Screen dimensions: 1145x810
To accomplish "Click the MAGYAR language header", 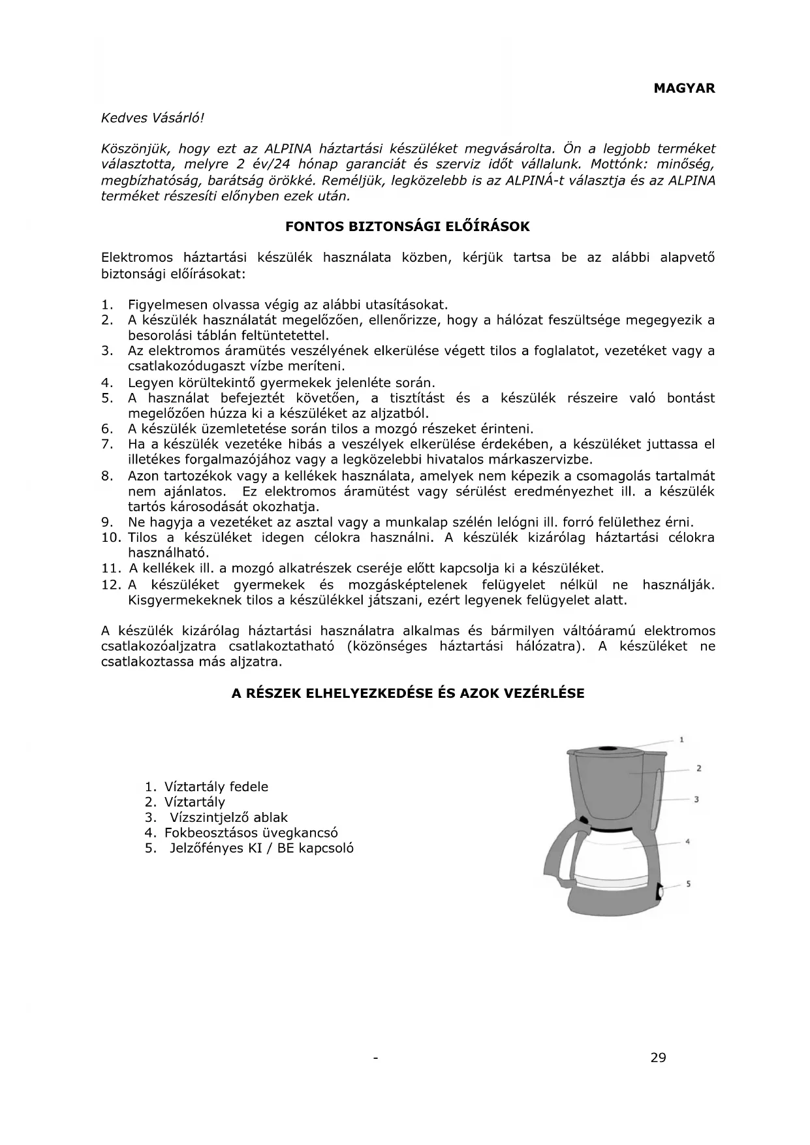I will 684,88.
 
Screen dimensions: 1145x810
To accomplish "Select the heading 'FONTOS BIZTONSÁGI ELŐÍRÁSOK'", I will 407,227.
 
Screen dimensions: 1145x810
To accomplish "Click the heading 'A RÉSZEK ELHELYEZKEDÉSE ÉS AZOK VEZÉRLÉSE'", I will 408,693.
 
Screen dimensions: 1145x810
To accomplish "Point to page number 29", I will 658,1058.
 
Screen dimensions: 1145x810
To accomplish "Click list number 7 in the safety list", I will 108,445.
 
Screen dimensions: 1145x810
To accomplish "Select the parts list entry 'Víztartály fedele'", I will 216,787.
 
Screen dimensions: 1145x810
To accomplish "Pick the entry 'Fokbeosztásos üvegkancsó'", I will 251,833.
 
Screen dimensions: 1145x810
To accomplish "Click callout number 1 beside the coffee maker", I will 681,740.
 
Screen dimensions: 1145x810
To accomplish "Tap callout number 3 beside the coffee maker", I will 696,799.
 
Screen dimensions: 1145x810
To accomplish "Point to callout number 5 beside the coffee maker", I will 689,884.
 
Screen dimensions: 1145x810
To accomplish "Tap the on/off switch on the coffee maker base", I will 659,891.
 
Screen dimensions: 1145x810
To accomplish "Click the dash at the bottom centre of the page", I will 375,1058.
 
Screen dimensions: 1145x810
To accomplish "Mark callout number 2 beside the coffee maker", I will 698,768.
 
